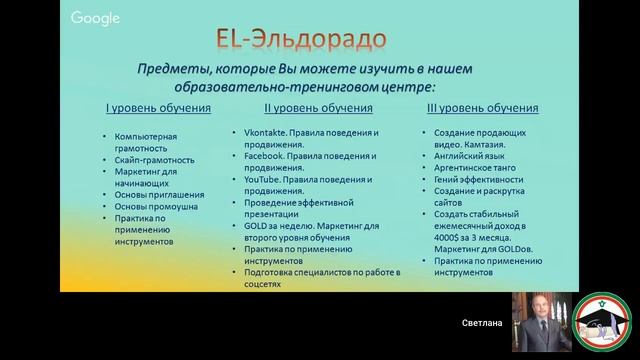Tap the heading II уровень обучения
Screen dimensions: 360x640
[318, 108]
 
